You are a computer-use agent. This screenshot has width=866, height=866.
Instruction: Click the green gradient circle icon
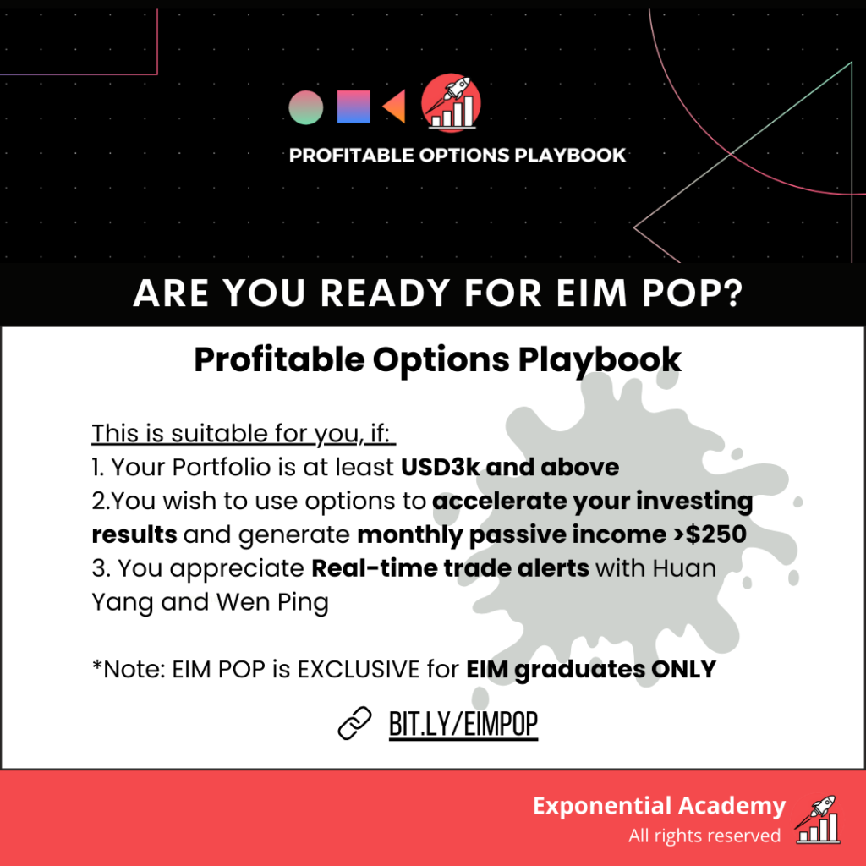306,107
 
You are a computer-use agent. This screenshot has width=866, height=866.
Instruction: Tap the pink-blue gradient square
354,107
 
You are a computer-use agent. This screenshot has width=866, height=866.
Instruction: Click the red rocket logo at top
451,102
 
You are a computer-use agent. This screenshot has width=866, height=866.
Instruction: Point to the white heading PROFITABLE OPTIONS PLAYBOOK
458,156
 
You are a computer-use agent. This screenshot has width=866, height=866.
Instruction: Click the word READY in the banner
385,293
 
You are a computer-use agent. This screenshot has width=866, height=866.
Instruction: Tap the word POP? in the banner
692,293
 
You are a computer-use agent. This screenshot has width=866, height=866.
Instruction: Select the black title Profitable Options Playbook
437,360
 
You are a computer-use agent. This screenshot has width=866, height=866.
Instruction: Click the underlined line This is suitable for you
244,434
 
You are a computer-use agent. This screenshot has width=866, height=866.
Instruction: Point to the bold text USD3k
440,467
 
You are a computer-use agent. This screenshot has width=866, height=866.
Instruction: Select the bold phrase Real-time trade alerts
450,568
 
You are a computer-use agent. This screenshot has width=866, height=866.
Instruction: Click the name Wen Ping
272,602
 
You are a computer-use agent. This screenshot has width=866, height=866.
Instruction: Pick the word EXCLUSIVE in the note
359,670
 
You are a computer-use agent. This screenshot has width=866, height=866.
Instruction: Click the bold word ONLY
683,670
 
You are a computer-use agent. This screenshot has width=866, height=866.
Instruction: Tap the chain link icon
354,723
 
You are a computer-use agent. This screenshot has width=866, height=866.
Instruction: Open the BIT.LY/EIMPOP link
463,724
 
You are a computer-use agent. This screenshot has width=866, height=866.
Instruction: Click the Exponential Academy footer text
659,806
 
